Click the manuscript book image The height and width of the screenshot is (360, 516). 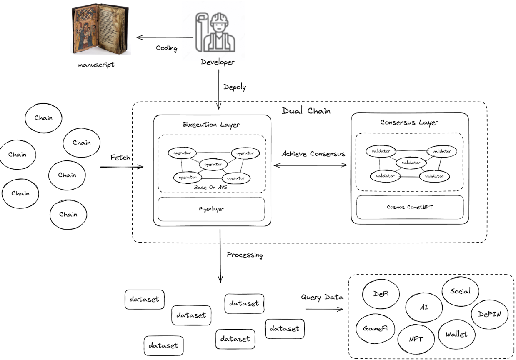click(100, 29)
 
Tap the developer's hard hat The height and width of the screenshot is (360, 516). click(219, 19)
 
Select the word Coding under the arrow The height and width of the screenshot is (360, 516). click(167, 48)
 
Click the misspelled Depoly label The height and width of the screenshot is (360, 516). click(235, 87)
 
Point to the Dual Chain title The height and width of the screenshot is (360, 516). click(306, 111)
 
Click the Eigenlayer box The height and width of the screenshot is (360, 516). click(211, 209)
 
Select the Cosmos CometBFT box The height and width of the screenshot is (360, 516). click(410, 207)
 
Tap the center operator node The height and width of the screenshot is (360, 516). click(213, 165)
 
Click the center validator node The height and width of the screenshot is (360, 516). click(411, 162)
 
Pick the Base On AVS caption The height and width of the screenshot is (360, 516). click(210, 187)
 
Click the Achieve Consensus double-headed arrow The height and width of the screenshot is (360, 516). click(310, 165)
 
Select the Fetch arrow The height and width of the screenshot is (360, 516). click(122, 167)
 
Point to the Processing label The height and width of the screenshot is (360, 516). click(245, 255)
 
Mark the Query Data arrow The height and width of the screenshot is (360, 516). click(324, 309)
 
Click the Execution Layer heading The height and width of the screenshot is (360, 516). click(211, 125)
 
